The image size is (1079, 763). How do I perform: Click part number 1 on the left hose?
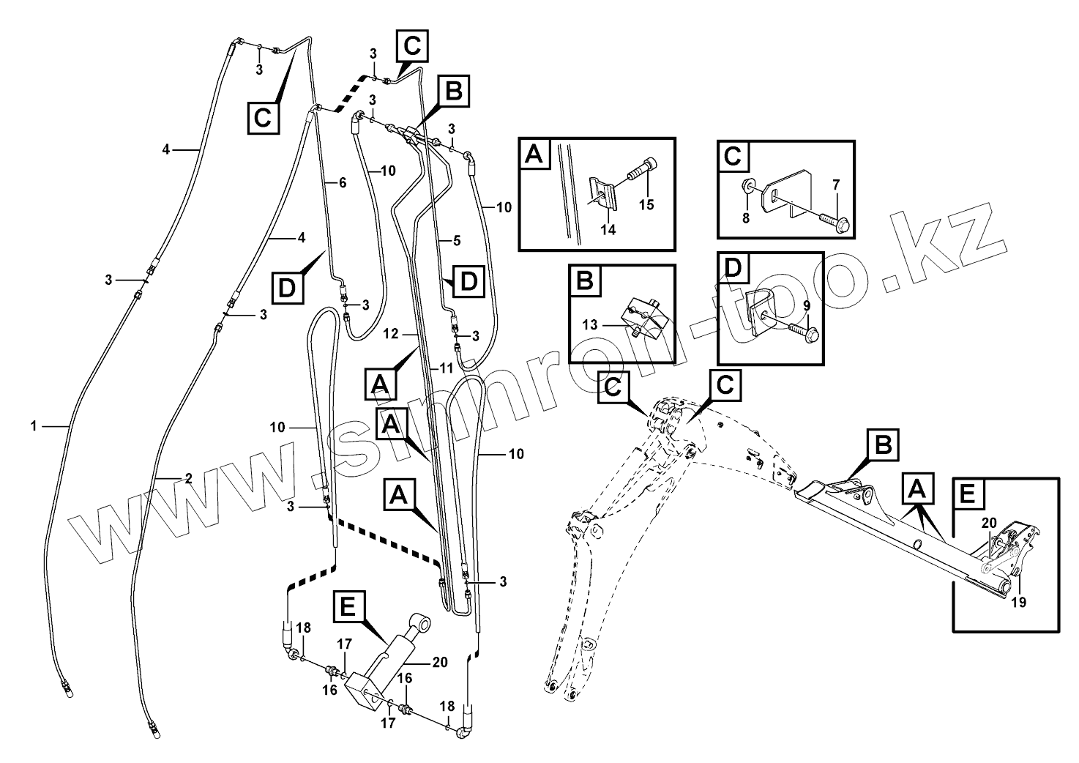(x=33, y=425)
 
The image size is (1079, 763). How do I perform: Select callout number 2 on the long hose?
(x=188, y=479)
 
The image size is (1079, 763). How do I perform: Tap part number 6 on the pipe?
(x=341, y=183)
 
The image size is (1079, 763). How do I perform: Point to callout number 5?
(x=456, y=239)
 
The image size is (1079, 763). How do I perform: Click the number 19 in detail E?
(x=1018, y=603)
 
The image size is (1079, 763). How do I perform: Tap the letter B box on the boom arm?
(x=883, y=445)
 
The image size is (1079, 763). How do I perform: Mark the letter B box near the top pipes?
(x=453, y=92)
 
